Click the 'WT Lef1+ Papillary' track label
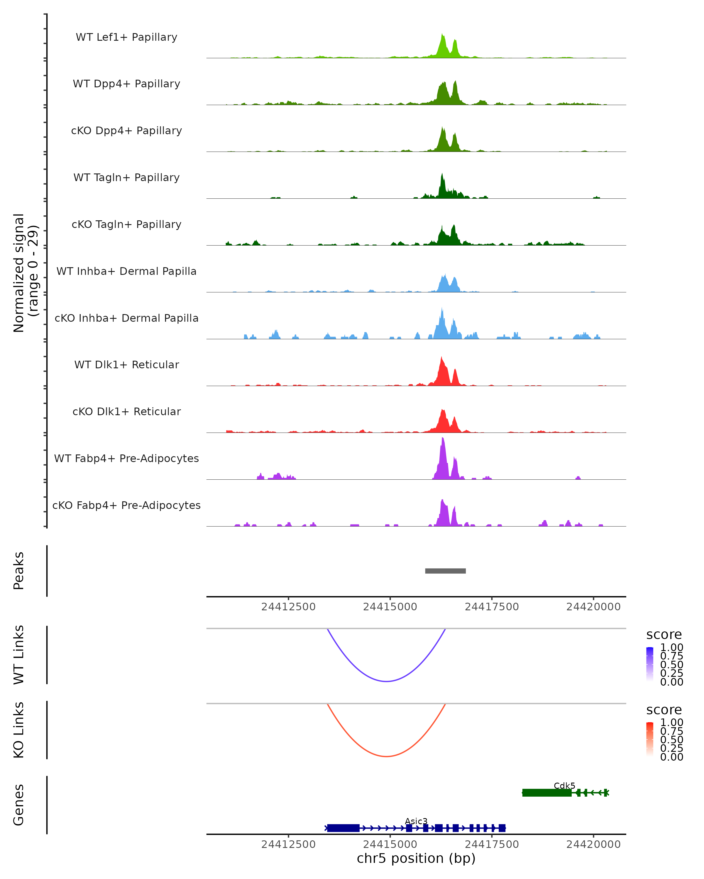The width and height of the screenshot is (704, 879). (x=126, y=38)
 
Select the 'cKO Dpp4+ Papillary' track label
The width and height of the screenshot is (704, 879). (x=126, y=131)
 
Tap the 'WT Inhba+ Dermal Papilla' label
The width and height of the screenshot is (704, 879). (x=126, y=272)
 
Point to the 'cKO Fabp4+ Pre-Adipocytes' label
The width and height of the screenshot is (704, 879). (x=126, y=505)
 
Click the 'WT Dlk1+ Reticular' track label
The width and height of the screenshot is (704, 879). (x=126, y=365)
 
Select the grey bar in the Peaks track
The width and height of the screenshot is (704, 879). (x=445, y=571)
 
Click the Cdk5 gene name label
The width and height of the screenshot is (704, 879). (x=564, y=786)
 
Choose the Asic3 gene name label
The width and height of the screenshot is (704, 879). (x=416, y=821)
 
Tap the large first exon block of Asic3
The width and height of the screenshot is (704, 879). (x=343, y=828)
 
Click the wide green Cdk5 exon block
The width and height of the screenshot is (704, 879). (x=547, y=793)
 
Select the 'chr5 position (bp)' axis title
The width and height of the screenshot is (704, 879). (x=416, y=858)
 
